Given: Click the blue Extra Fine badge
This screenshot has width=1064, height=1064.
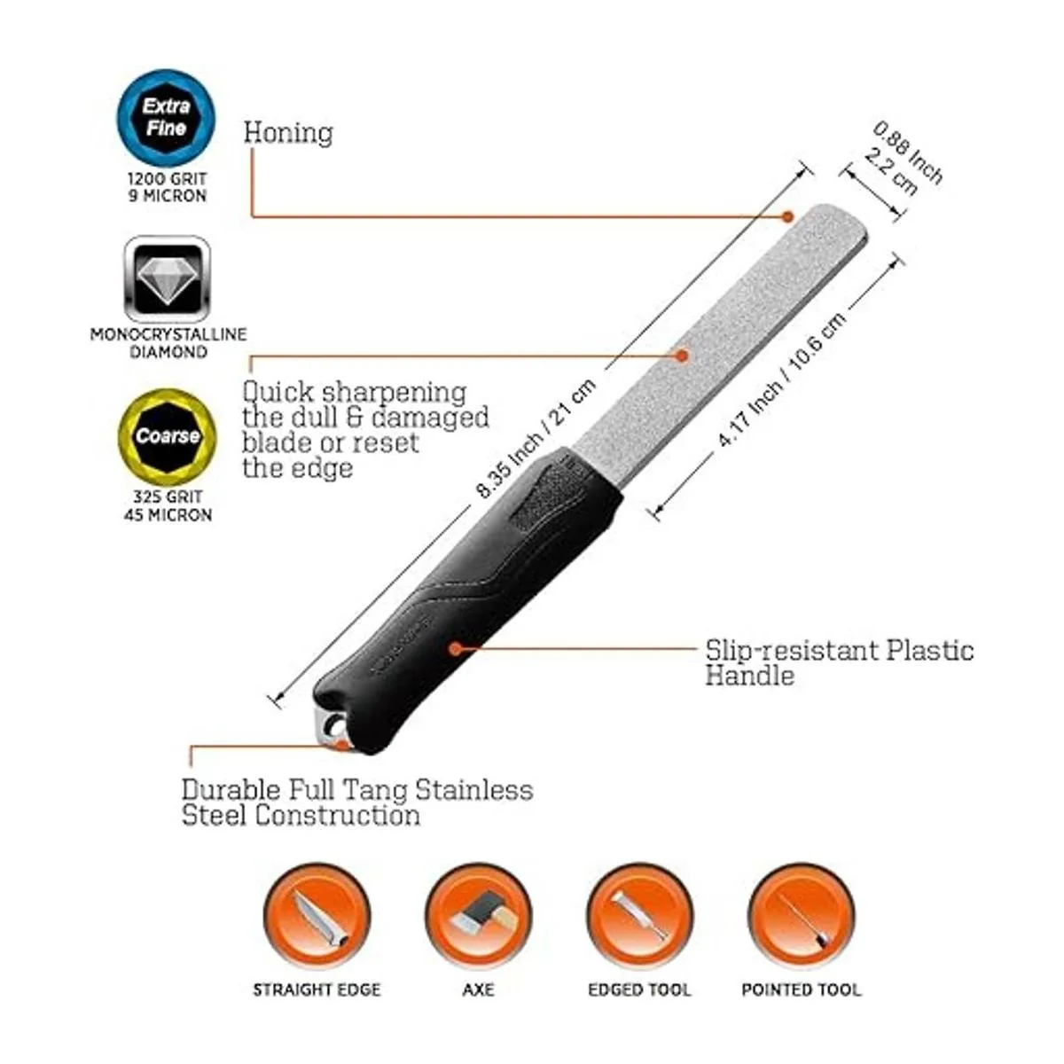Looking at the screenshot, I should (167, 118).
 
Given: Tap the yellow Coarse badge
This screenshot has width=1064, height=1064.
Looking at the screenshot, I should (167, 436).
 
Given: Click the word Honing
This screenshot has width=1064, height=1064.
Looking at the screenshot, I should (288, 133).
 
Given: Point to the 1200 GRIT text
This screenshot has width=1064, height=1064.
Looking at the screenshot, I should (167, 178).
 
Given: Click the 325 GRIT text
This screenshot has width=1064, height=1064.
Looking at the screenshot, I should (168, 497).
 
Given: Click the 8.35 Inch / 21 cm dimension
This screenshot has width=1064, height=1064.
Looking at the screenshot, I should (536, 439).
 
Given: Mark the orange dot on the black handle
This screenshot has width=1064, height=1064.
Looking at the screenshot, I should (455, 648).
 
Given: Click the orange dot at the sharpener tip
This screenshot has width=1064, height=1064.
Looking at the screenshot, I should (786, 215).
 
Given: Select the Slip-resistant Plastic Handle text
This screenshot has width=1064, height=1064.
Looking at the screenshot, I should (839, 662).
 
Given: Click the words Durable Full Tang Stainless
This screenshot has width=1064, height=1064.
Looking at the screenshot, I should (357, 789).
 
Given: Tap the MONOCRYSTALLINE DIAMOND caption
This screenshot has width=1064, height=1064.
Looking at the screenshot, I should (168, 343).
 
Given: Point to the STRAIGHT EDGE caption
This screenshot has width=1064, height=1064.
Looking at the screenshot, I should (317, 990).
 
